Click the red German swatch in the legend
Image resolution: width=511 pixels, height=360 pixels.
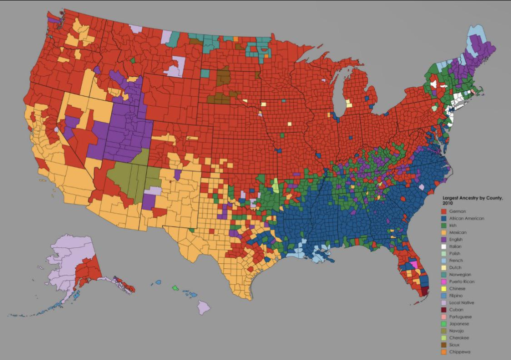pyautogui.click(x=446, y=211)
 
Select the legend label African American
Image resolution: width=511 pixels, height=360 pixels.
pyautogui.click(x=466, y=218)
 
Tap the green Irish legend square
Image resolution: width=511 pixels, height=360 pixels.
pyautogui.click(x=446, y=225)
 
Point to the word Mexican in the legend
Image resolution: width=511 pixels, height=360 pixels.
pyautogui.click(x=459, y=232)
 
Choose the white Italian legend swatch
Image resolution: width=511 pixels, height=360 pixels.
pyautogui.click(x=446, y=246)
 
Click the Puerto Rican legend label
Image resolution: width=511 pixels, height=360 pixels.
pyautogui.click(x=462, y=282)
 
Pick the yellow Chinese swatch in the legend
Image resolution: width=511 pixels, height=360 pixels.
pyautogui.click(x=446, y=289)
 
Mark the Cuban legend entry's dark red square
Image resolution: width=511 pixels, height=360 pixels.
pyautogui.click(x=446, y=310)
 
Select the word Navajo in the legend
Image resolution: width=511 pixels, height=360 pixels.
pyautogui.click(x=458, y=331)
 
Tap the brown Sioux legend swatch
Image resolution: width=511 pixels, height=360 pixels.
pyautogui.click(x=446, y=345)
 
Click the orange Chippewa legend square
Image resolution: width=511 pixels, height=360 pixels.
pyautogui.click(x=446, y=352)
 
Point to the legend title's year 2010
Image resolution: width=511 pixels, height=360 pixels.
pyautogui.click(x=449, y=203)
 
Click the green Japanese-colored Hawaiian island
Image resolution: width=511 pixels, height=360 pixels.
pyautogui.click(x=175, y=288)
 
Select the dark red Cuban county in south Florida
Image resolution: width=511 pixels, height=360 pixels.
pyautogui.click(x=425, y=291)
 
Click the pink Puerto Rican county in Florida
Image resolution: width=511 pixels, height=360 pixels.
pyautogui.click(x=413, y=264)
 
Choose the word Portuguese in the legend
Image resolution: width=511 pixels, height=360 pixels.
pyautogui.click(x=462, y=317)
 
